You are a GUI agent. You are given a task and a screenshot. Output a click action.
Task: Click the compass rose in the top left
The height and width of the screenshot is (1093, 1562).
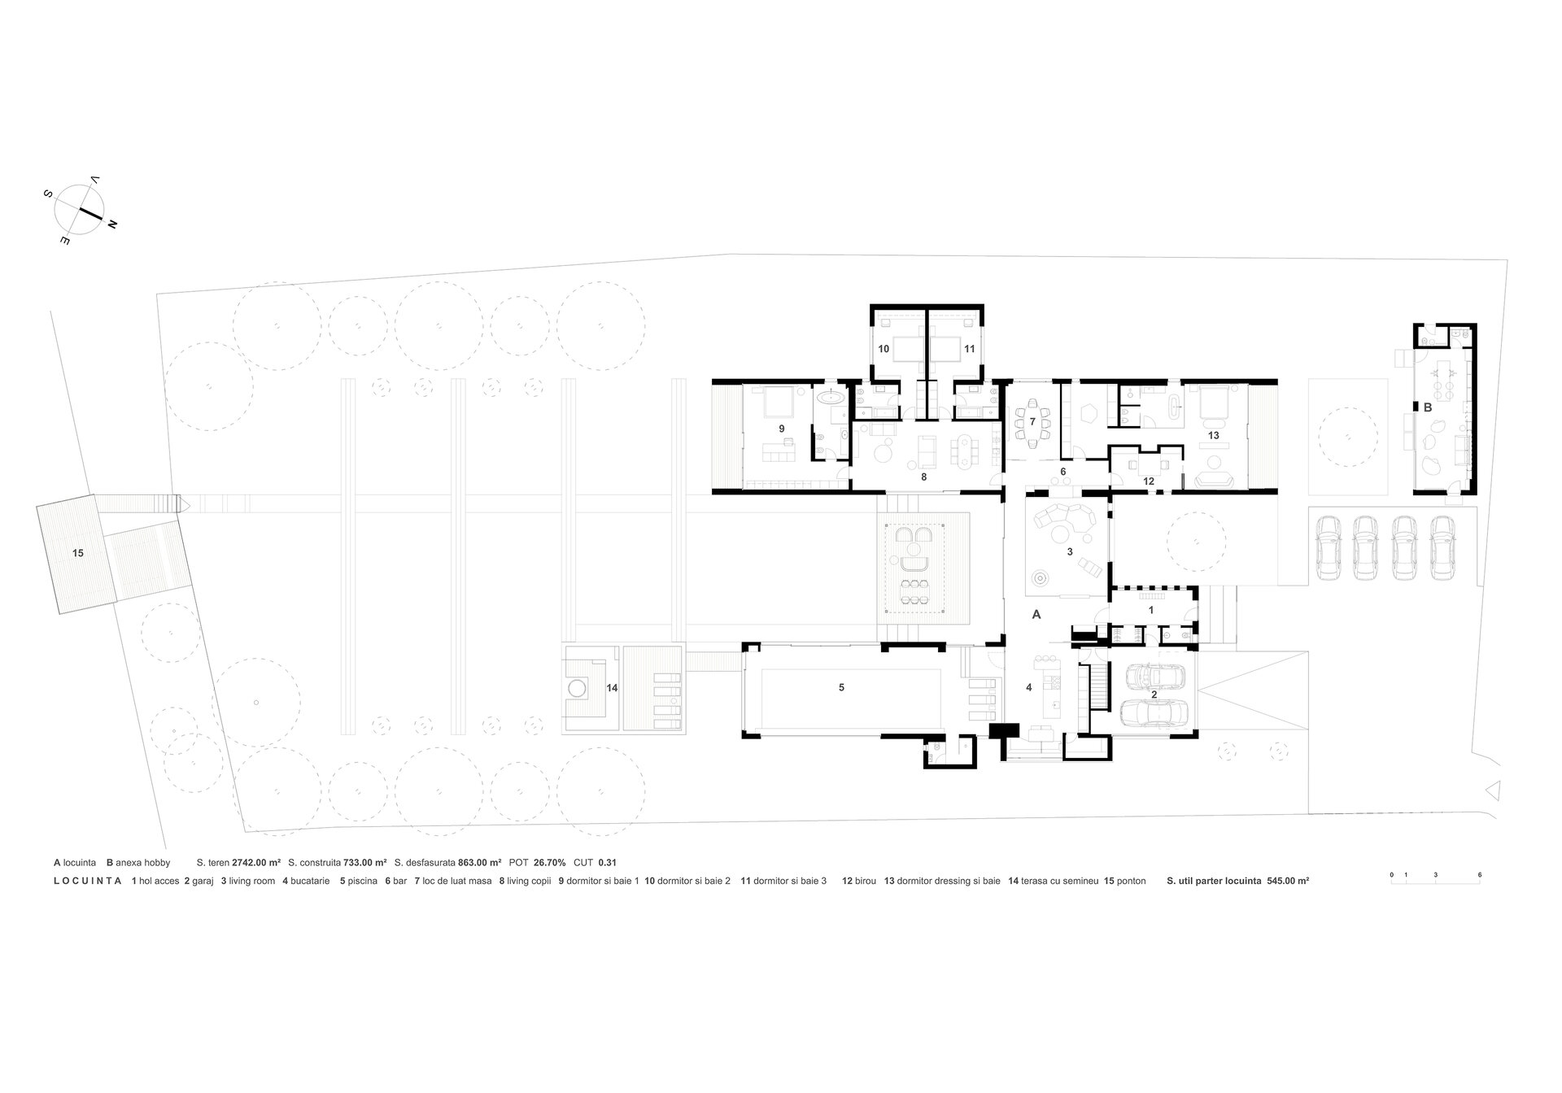[79, 210]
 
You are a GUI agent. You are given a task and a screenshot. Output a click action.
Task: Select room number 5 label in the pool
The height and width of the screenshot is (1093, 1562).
[841, 687]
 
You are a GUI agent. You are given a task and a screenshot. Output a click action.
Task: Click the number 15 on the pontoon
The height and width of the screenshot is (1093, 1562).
[78, 553]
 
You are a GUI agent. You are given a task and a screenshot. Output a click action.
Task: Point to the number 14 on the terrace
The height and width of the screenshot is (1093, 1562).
[612, 688]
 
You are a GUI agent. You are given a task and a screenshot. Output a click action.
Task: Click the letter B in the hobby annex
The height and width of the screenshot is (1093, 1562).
[1427, 407]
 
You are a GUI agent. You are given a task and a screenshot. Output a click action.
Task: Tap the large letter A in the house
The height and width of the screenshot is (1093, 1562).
[1036, 615]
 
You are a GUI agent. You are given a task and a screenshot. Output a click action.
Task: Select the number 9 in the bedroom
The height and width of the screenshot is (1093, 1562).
[781, 428]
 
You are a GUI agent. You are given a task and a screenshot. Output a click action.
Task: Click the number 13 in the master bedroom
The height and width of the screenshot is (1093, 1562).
[1213, 435]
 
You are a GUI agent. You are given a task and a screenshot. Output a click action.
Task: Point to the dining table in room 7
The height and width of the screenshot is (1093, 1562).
[1032, 422]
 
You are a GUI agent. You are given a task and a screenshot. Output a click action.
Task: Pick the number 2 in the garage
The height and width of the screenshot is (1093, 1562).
[1154, 695]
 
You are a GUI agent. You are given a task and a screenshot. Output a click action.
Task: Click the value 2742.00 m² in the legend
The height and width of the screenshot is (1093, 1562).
[256, 862]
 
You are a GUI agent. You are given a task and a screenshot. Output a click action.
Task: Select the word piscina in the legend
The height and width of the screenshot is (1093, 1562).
[362, 881]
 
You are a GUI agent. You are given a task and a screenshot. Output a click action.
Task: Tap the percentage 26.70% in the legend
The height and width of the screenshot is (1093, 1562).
[549, 862]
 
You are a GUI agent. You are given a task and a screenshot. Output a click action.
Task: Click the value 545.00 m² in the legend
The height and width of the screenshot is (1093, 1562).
[1288, 881]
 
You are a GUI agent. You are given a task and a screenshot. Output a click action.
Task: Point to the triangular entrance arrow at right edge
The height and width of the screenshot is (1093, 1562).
[1491, 789]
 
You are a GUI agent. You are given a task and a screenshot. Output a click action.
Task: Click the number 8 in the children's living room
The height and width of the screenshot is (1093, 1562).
[924, 477]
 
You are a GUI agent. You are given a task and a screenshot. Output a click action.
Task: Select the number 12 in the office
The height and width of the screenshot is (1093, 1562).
[1149, 481]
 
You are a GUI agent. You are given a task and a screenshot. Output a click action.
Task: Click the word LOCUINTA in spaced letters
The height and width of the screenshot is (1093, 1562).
[88, 881]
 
